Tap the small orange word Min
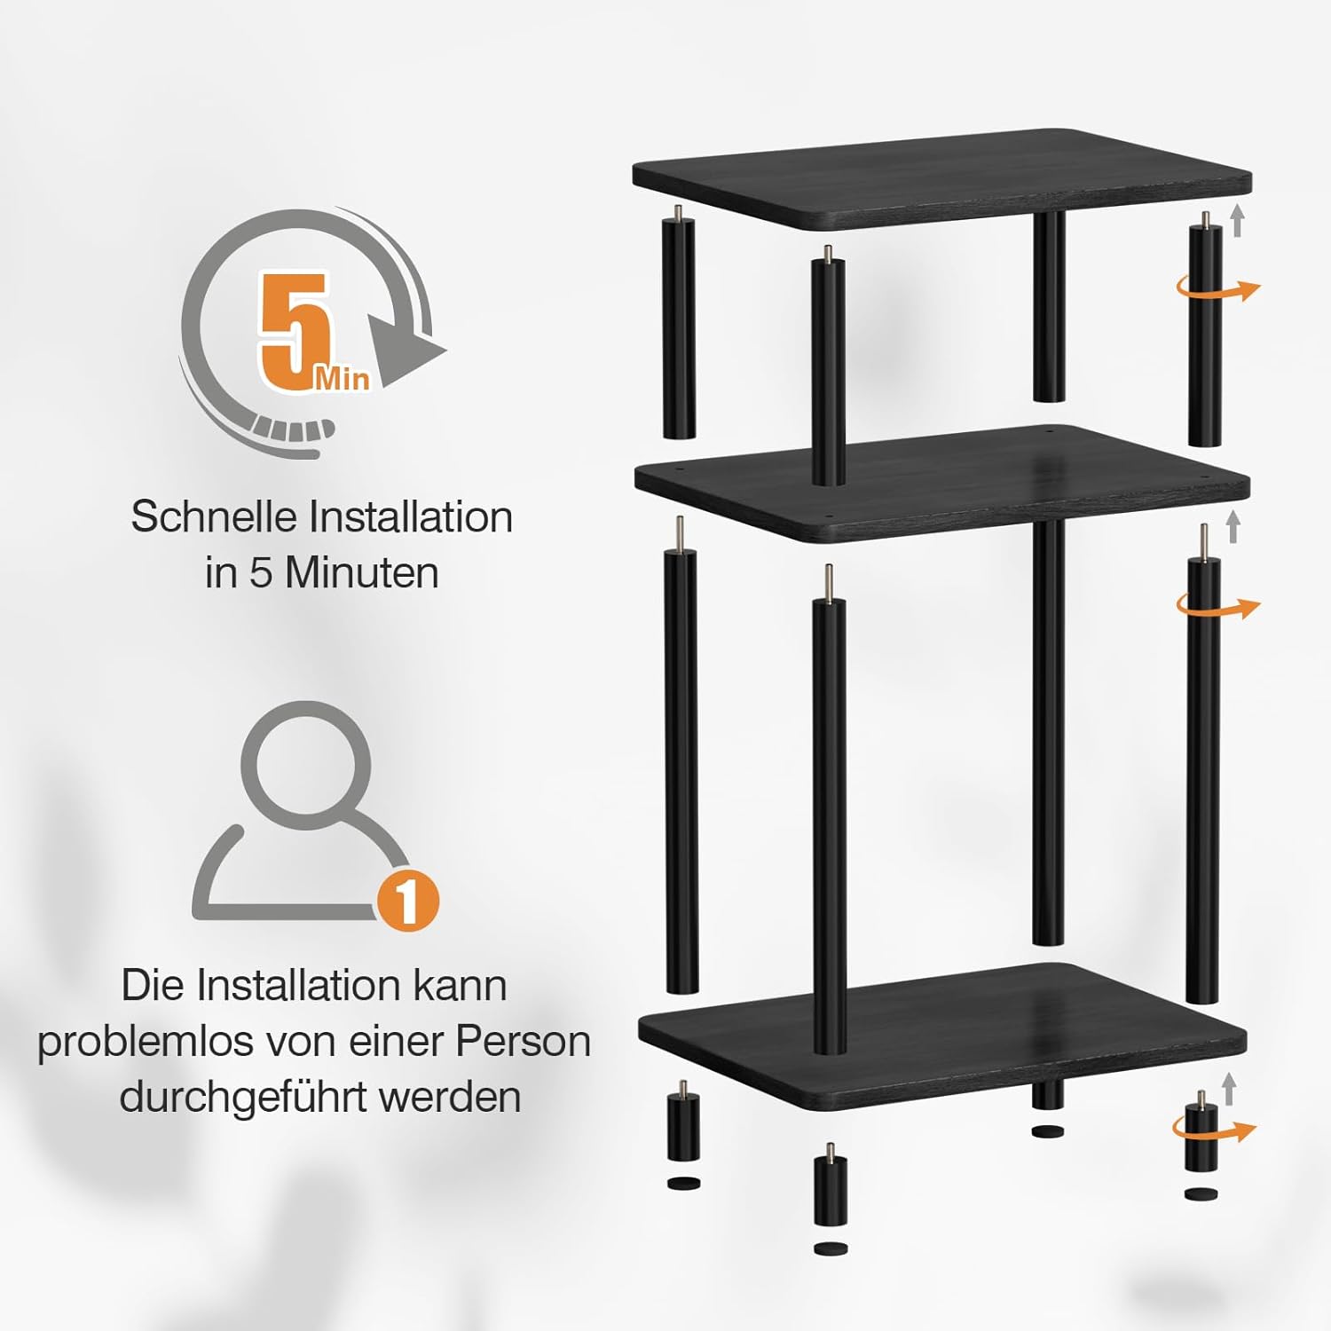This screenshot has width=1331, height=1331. [x=342, y=379]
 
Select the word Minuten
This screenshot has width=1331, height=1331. [x=362, y=572]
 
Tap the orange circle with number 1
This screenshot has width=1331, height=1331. [x=407, y=900]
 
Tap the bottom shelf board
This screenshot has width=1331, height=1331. [x=942, y=1035]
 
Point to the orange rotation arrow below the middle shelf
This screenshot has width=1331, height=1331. [x=1217, y=607]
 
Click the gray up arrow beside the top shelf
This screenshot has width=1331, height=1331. [x=1238, y=220]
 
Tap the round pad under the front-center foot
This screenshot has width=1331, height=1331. [x=830, y=1249]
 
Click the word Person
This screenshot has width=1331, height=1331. [x=523, y=1041]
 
